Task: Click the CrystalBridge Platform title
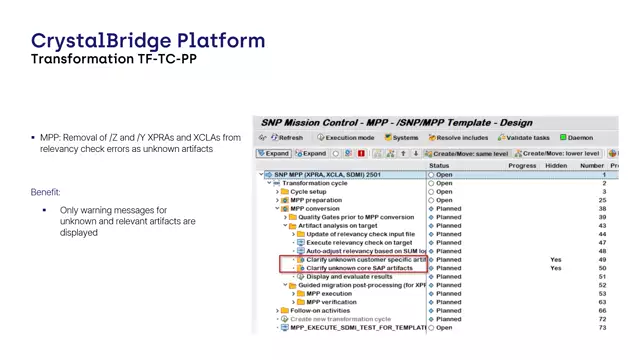148,41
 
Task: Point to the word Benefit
45,192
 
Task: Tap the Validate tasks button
526,138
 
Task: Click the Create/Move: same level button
466,154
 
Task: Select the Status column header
439,166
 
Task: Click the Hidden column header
556,166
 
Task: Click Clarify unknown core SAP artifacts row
359,268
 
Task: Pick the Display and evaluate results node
349,277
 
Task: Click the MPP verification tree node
331,302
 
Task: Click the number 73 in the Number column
603,328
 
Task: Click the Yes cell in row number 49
556,260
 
